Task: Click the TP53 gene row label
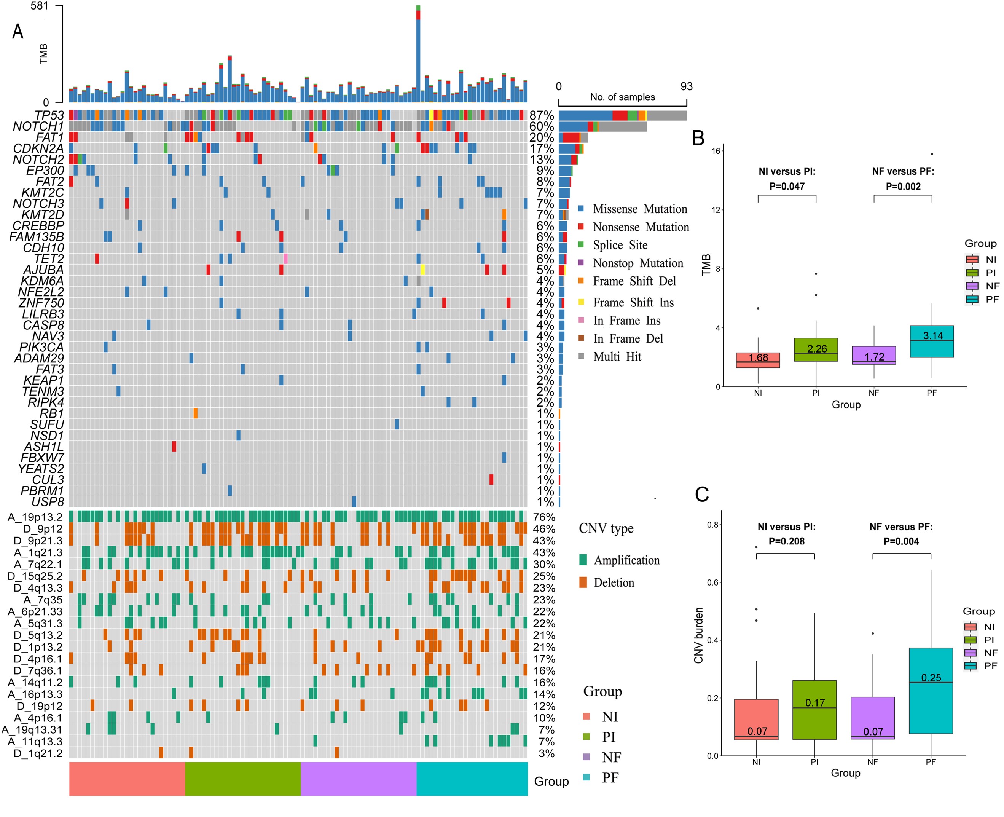[x=49, y=115]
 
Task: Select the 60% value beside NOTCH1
[x=542, y=127]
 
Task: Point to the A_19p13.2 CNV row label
[x=35, y=517]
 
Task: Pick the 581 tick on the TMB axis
[x=40, y=6]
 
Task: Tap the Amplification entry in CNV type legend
[x=626, y=560]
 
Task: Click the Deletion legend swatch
[x=583, y=582]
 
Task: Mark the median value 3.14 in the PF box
[x=932, y=335]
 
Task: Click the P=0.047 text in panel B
[x=787, y=187]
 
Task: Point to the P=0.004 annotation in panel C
[x=900, y=541]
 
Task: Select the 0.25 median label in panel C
[x=931, y=678]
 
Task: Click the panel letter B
[x=698, y=138]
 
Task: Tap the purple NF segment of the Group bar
[x=359, y=779]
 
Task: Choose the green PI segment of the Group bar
[x=243, y=779]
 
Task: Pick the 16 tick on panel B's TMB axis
[x=716, y=151]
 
